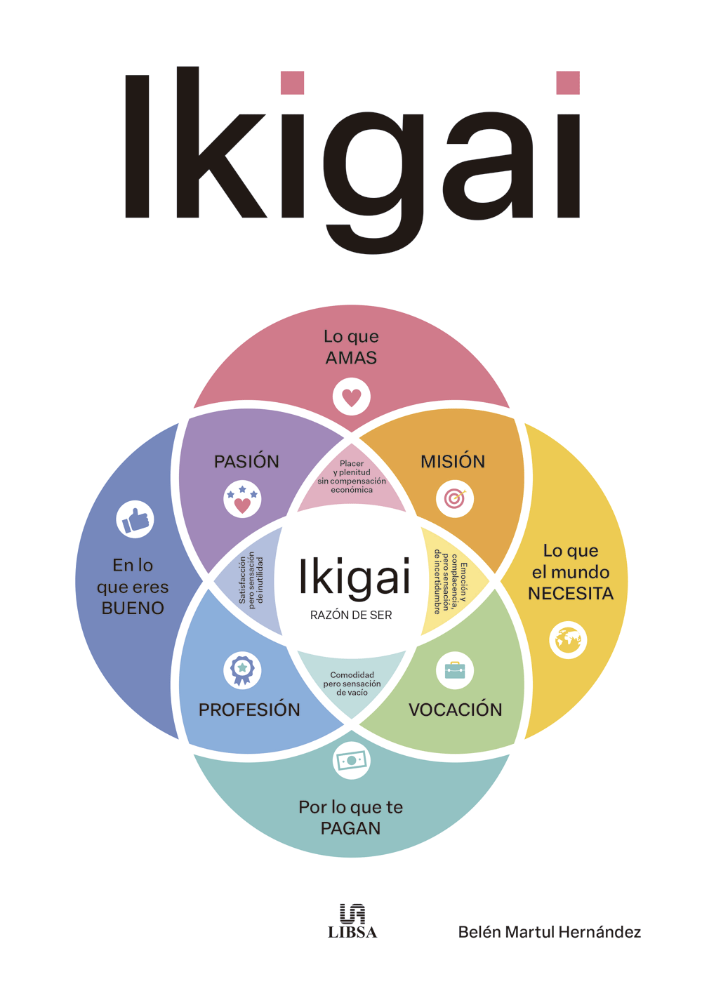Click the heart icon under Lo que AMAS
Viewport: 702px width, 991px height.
click(x=352, y=397)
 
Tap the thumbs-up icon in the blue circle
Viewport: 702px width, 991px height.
click(x=135, y=519)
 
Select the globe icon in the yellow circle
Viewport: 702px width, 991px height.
click(x=568, y=640)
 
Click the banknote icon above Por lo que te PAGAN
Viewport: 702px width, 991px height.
click(x=352, y=760)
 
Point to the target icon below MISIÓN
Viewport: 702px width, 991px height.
click(x=455, y=499)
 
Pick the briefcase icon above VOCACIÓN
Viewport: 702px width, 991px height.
click(x=455, y=671)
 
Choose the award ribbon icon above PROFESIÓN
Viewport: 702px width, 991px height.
click(x=242, y=671)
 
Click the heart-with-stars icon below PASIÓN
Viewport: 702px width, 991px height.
click(x=242, y=499)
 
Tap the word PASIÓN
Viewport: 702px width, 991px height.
click(x=246, y=461)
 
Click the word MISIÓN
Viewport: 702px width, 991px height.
click(x=453, y=461)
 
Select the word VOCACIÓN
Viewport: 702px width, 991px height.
click(x=456, y=710)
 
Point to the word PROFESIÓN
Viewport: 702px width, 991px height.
click(x=249, y=710)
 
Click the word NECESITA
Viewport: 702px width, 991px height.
click(x=571, y=594)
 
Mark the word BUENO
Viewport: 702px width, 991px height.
click(x=133, y=608)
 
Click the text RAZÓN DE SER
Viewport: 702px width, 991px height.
click(x=351, y=615)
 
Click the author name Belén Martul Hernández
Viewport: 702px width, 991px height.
click(x=549, y=932)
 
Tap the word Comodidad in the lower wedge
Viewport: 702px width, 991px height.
click(x=352, y=674)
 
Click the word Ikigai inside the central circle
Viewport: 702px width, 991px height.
click(x=354, y=578)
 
